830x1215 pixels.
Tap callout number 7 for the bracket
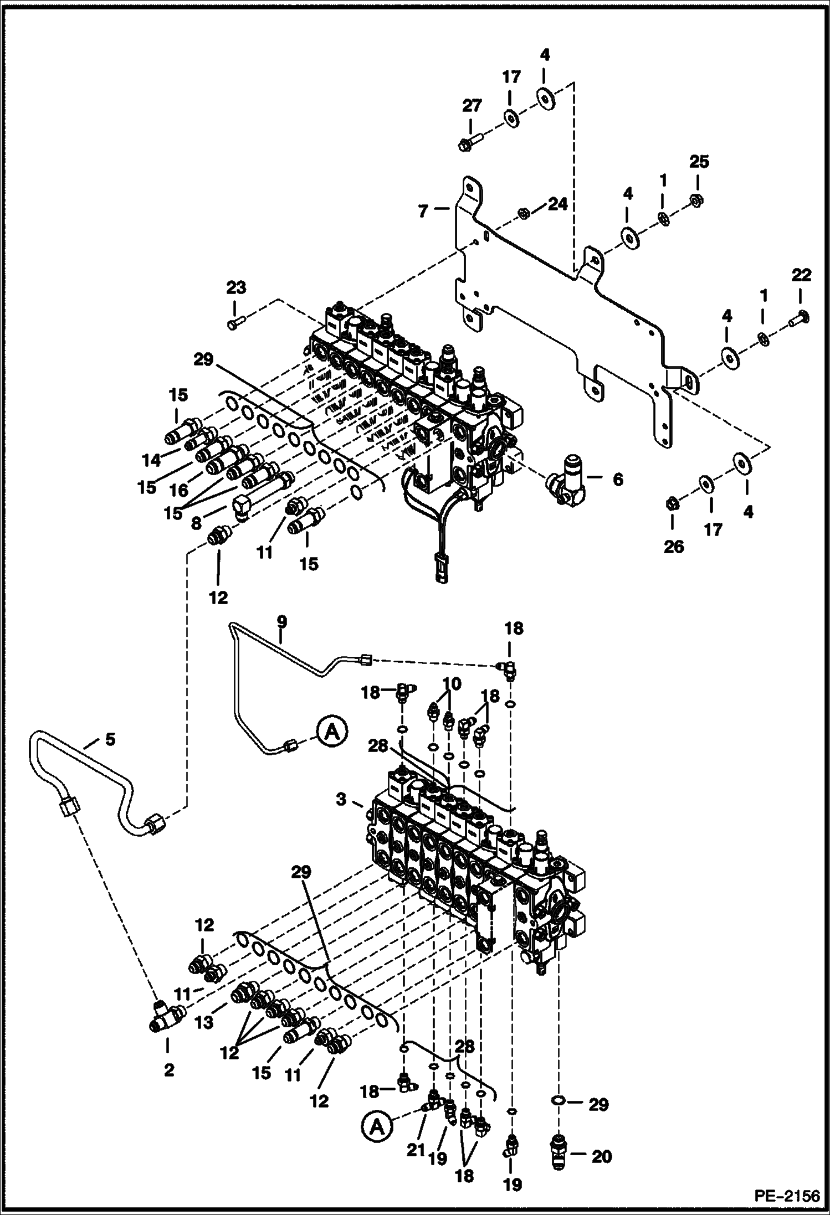point(423,211)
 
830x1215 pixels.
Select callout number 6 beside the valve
point(618,479)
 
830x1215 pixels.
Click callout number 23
point(235,288)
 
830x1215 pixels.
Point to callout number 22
point(801,275)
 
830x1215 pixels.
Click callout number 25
point(699,162)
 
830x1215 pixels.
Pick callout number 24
point(557,204)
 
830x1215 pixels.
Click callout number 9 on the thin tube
point(281,621)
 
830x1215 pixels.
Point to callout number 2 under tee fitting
point(169,1070)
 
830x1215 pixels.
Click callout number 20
point(602,1156)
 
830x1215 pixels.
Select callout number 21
point(415,1150)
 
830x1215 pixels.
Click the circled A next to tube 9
point(331,731)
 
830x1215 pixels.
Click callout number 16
point(180,490)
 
